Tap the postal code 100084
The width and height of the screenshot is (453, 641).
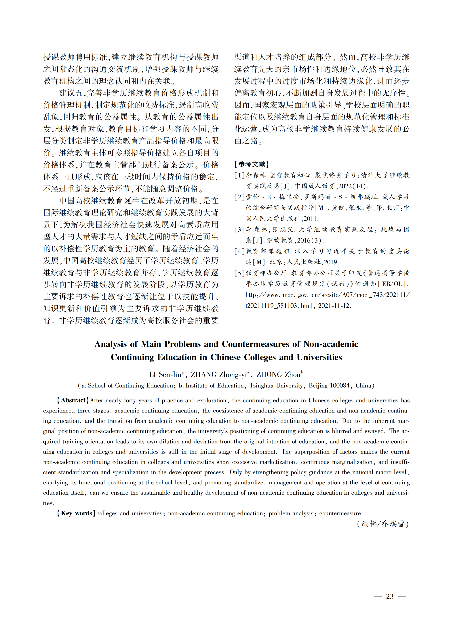(x=340, y=385)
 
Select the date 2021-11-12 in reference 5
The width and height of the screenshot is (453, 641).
(x=334, y=306)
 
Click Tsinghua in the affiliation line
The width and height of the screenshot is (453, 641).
(x=261, y=385)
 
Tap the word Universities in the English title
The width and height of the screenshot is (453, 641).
(x=319, y=357)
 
